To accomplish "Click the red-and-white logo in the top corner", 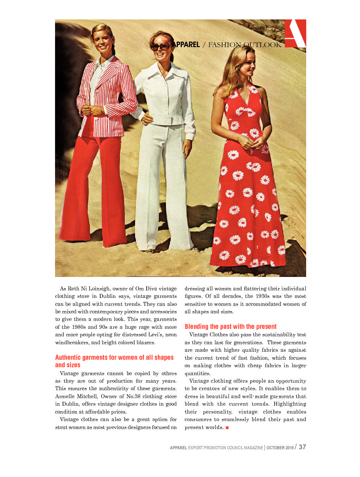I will [x=295, y=33].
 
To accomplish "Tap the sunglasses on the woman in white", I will [x=160, y=46].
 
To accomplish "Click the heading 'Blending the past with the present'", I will [x=230, y=327].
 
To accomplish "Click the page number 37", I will [x=302, y=447].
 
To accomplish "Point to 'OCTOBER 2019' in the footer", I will [x=280, y=448].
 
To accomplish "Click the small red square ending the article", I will [x=227, y=428].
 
